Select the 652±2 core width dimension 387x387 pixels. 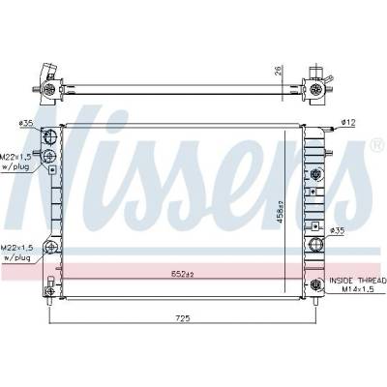tap(182, 275)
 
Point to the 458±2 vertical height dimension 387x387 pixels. tap(280, 212)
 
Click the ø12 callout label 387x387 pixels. tap(348, 122)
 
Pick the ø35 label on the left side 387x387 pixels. tap(26, 123)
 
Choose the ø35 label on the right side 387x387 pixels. tap(338, 230)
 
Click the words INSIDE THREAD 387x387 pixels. tap(358, 281)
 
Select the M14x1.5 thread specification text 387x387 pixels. tap(358, 289)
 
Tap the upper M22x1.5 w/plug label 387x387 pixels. tap(15, 162)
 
